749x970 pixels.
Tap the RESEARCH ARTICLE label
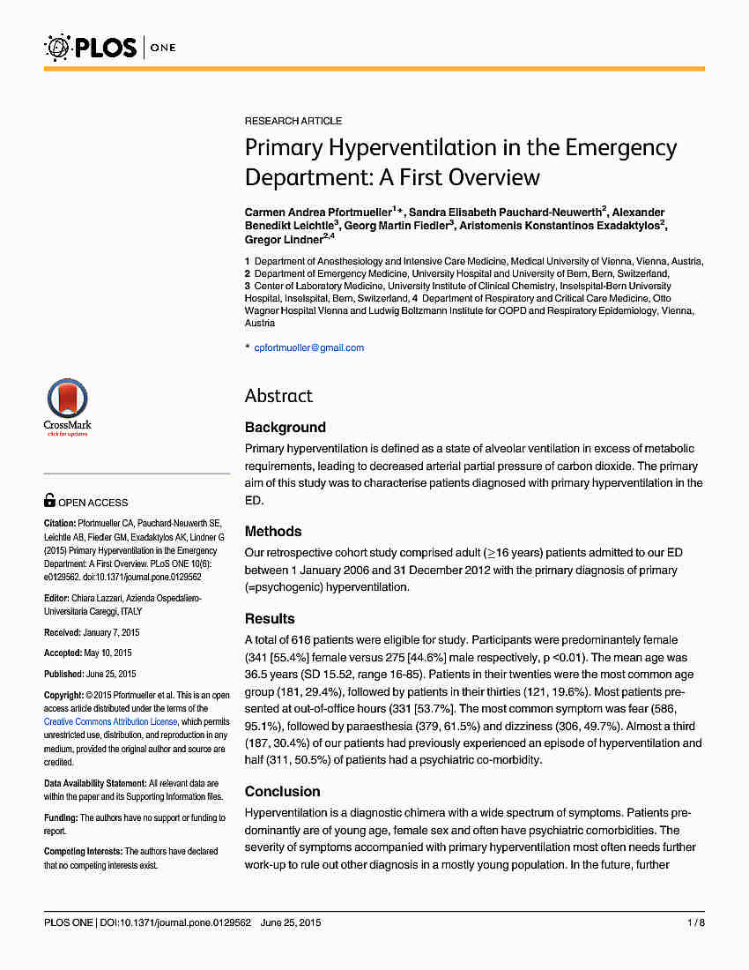click(x=293, y=121)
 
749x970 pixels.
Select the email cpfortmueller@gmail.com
click(x=308, y=347)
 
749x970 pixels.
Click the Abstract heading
click(x=278, y=396)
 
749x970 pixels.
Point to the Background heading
click(x=286, y=428)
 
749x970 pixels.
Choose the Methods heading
click(x=273, y=532)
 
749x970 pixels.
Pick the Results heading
click(x=270, y=618)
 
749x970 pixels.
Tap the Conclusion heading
click(x=282, y=791)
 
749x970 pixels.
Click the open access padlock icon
click(x=49, y=501)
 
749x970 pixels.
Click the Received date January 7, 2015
click(x=111, y=632)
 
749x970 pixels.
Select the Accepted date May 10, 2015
click(x=108, y=653)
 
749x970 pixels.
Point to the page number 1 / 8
click(x=695, y=923)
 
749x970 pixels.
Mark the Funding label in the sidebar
click(x=61, y=817)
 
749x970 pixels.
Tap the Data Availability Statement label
click(x=95, y=783)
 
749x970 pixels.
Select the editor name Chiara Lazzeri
click(x=102, y=598)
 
